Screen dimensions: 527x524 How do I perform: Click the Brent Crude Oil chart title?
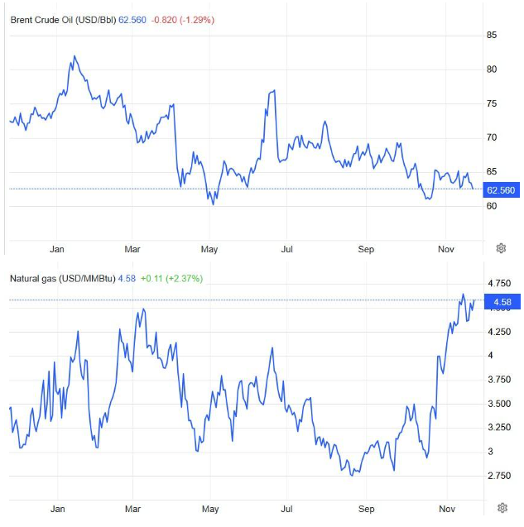click(x=63, y=19)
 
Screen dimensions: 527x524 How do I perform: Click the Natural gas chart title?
click(x=61, y=278)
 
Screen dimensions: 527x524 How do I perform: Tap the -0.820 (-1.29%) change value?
click(x=183, y=19)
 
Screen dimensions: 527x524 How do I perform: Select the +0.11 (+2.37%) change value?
click(x=171, y=278)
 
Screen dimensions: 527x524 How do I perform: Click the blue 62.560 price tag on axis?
click(x=501, y=190)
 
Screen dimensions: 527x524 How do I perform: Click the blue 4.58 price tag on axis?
click(x=501, y=302)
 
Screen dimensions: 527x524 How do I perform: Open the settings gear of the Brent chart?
click(x=501, y=248)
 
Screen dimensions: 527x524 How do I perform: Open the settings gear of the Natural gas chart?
click(x=502, y=507)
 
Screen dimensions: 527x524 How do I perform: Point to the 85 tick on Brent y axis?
click(x=492, y=35)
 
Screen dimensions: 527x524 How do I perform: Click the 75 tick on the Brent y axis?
click(x=492, y=103)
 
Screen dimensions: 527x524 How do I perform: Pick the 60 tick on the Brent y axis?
click(x=492, y=206)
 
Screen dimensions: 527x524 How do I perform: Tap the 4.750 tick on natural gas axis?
click(x=499, y=284)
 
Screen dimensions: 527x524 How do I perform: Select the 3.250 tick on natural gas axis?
click(x=499, y=428)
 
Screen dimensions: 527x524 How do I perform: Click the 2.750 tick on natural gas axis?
click(x=499, y=476)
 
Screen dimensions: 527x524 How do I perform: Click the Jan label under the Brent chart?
click(x=57, y=248)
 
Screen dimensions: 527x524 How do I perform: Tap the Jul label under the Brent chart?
click(x=287, y=248)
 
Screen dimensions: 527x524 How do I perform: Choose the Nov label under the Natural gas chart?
click(x=445, y=509)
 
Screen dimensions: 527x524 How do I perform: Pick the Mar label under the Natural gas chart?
click(x=132, y=509)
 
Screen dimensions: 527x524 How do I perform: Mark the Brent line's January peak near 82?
click(x=75, y=56)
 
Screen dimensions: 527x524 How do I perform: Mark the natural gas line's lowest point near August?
click(x=353, y=475)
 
